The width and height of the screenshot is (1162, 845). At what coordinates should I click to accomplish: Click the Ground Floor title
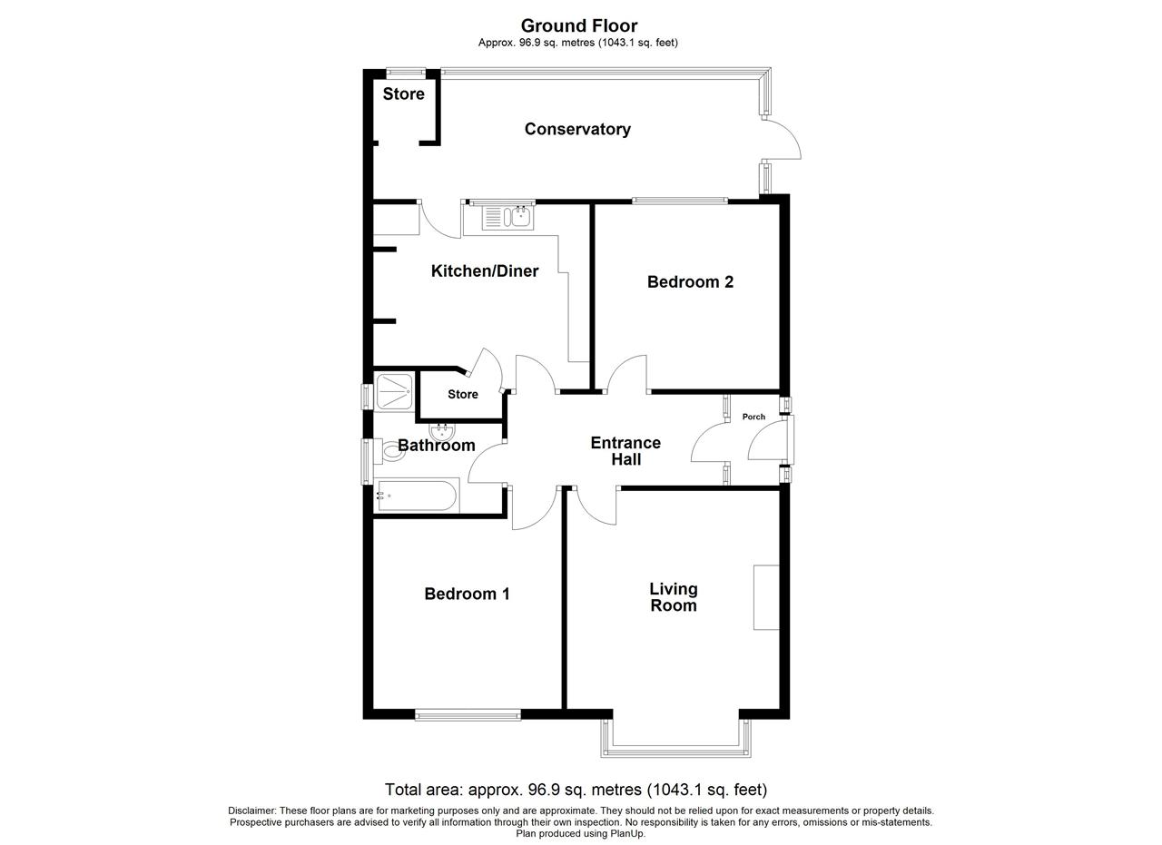(579, 25)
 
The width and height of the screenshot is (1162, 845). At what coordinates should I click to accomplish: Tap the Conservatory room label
(577, 129)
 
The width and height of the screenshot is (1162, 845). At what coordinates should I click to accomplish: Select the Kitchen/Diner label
(485, 270)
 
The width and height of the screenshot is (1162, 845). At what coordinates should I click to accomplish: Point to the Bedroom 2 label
(690, 281)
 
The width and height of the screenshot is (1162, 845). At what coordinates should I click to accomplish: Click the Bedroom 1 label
(467, 594)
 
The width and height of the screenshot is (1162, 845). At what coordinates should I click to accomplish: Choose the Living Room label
(674, 597)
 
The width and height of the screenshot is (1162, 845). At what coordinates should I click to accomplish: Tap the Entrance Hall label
(625, 451)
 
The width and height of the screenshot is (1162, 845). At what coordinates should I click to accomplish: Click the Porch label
(753, 417)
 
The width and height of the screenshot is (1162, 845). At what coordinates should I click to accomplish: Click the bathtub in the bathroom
(417, 496)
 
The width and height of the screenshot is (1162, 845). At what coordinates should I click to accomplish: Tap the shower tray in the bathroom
(394, 391)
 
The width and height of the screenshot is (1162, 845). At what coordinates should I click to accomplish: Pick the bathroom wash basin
(442, 432)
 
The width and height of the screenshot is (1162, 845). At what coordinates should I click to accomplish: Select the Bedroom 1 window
(468, 715)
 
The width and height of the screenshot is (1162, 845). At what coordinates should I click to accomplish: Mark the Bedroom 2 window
(680, 201)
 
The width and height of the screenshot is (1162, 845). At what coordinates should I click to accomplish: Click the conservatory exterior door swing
(784, 139)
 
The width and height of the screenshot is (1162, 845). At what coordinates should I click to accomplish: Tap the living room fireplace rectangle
(766, 597)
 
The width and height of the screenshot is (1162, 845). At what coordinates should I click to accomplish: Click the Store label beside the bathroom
(463, 394)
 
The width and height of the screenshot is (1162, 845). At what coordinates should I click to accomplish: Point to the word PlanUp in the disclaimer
(629, 833)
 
